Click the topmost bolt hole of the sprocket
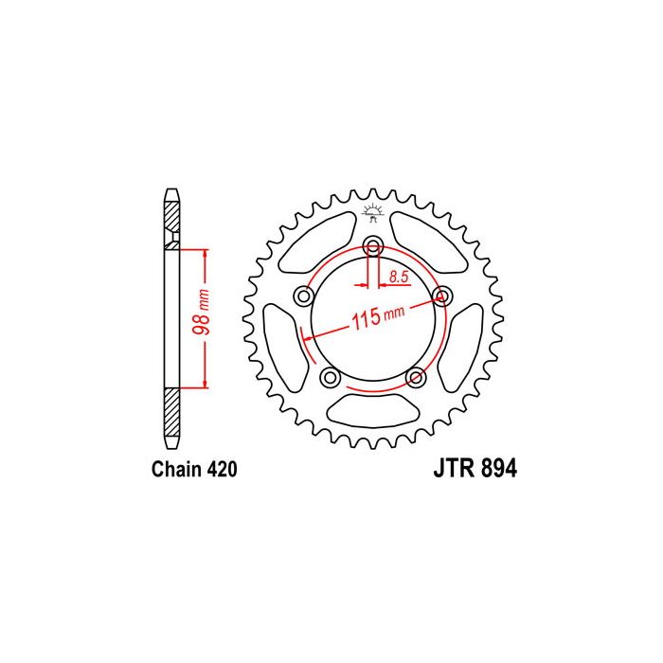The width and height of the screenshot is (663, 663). click(373, 244)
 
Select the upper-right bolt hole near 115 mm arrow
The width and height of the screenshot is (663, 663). click(442, 296)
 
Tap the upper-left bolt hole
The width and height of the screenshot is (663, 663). click(304, 296)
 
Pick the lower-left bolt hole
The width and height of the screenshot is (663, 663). click(330, 377)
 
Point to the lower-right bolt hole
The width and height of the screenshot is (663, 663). click(416, 377)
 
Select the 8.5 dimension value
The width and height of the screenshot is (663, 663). click(399, 278)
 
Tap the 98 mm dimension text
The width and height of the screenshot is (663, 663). click(202, 312)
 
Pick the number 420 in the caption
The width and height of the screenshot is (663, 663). click(222, 470)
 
